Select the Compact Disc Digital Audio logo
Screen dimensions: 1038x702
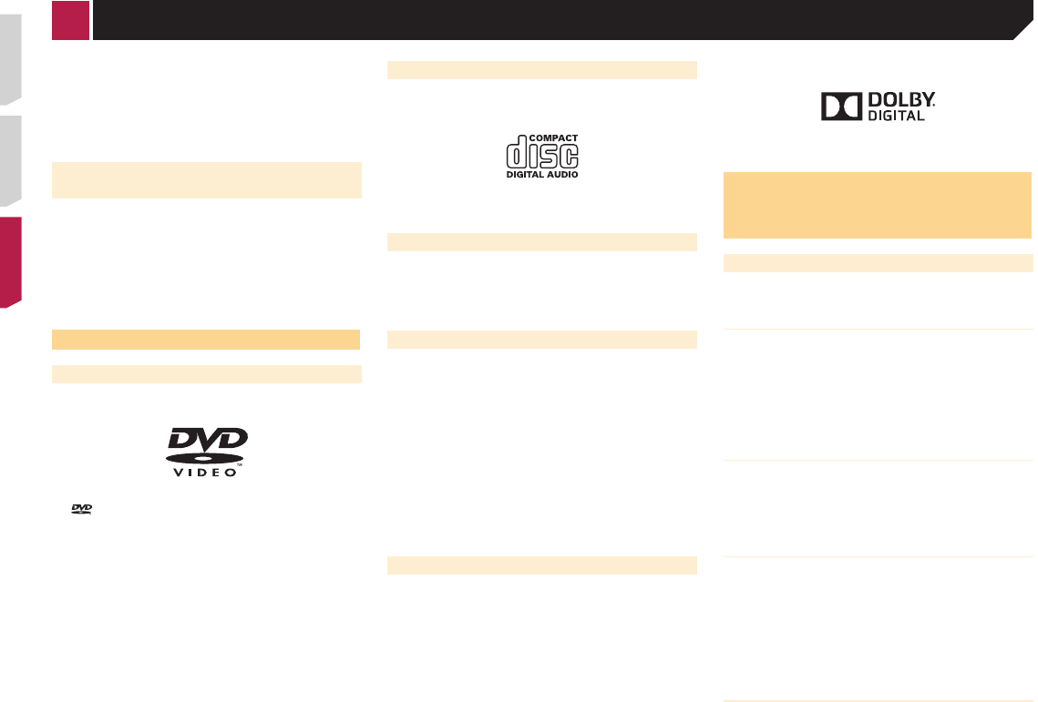(542, 156)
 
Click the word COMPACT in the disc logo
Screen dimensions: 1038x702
(554, 138)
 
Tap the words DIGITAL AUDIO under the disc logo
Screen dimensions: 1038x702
(542, 173)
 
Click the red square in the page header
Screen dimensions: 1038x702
(71, 20)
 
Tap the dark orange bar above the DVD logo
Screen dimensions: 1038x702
(207, 340)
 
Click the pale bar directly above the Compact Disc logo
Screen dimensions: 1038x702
(542, 70)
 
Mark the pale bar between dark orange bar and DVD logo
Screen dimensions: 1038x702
(207, 373)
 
